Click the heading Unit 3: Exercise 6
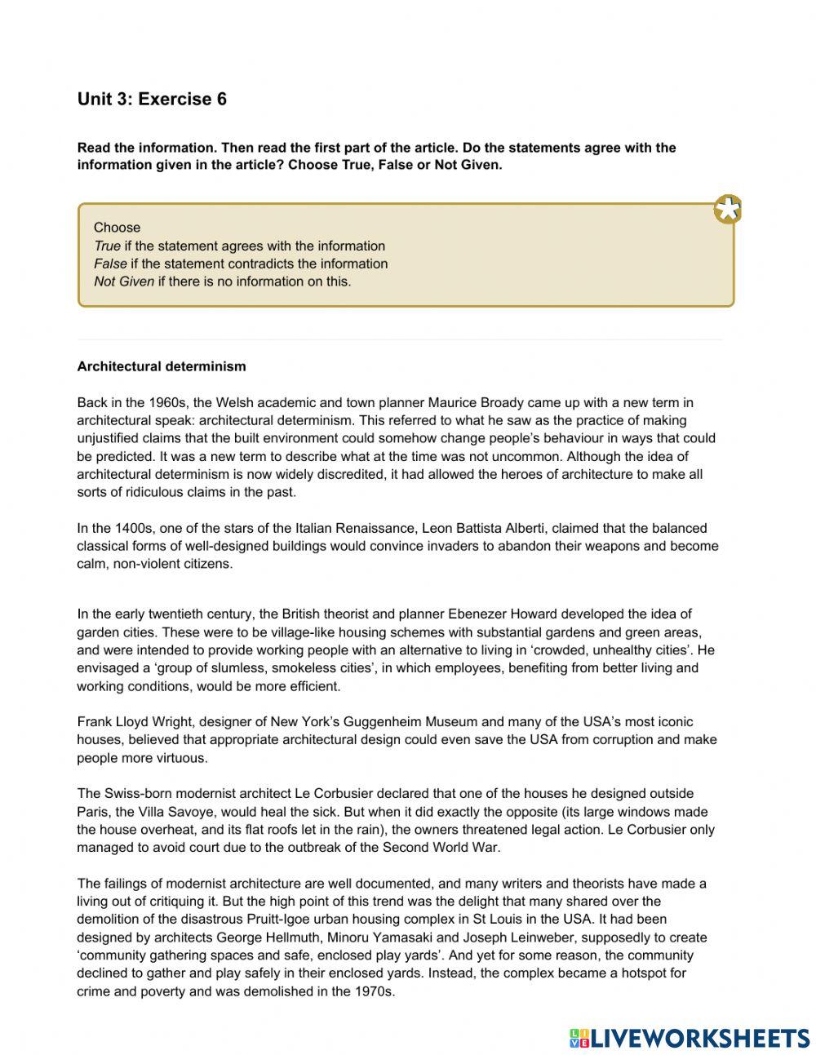point(152,100)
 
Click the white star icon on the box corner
point(727,210)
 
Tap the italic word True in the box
point(107,246)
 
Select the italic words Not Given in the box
point(124,281)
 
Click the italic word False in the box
point(110,264)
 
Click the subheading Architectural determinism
point(162,366)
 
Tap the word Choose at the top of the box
point(117,228)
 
